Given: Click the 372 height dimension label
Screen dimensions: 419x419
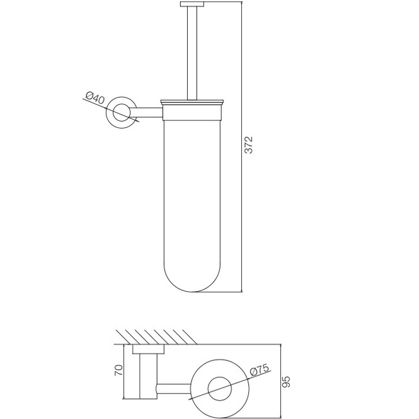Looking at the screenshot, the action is (249, 145).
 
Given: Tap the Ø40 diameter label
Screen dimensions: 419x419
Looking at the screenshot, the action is (95, 98).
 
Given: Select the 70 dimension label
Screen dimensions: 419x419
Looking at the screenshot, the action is (118, 370).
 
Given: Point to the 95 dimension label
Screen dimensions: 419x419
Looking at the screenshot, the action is (285, 382).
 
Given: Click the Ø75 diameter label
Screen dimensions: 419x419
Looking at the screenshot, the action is (259, 370).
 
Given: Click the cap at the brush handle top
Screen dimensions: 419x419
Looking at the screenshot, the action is (192, 4).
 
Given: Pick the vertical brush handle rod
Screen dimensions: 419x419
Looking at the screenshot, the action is (192, 53).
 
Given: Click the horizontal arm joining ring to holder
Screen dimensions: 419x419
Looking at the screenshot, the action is (148, 113).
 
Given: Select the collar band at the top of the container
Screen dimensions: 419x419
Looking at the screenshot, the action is (192, 112).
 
